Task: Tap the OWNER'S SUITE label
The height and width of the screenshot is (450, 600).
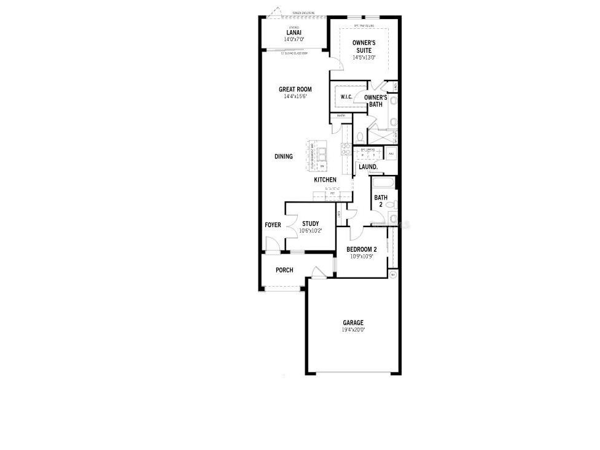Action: pos(364,46)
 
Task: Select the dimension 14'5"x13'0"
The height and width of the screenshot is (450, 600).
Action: pos(364,57)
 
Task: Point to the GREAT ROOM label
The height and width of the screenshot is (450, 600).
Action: pos(295,90)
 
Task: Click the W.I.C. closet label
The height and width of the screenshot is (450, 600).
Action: pos(345,98)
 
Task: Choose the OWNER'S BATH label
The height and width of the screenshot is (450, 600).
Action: pos(375,101)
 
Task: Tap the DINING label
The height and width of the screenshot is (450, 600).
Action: pos(283,157)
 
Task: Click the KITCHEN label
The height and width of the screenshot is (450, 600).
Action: pos(325,180)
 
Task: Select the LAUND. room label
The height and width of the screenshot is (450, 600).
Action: pos(368,166)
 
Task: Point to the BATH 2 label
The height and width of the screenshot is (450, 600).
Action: pos(380,201)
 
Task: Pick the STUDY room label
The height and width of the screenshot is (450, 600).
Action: pos(310,223)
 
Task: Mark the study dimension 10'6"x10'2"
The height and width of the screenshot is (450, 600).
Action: pos(310,231)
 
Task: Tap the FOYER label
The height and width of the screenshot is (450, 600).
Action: pos(273,225)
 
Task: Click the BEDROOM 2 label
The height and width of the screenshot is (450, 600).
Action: pos(362,249)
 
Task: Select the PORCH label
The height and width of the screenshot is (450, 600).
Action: pos(284,270)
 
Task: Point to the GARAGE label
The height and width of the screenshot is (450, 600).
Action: pos(353,322)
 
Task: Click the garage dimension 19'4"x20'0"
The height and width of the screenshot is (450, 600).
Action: pos(353,330)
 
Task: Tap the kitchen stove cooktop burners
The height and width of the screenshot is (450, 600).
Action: pos(346,150)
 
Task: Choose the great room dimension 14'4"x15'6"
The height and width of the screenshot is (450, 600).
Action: pos(295,96)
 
